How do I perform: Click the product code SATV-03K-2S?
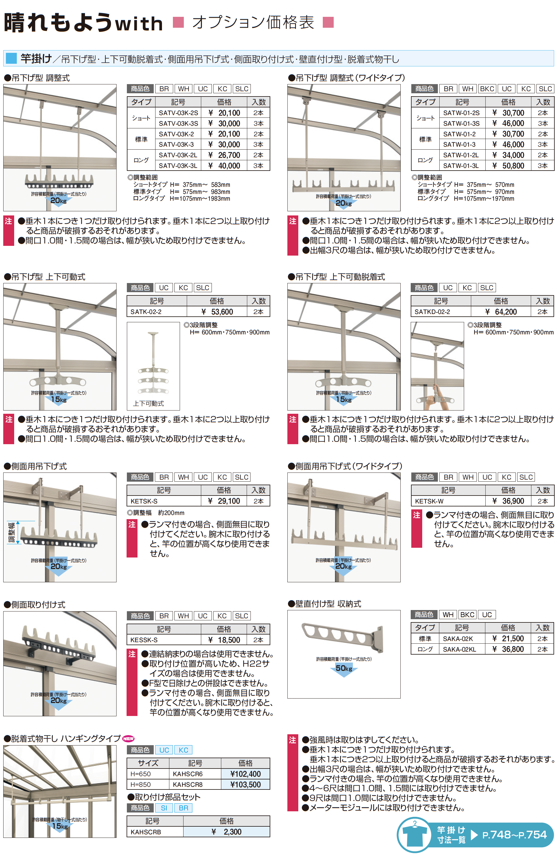pyautogui.click(x=178, y=113)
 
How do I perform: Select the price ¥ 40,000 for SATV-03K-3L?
pyautogui.click(x=224, y=166)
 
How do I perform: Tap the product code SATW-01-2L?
pyautogui.click(x=461, y=155)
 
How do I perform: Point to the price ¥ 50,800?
pyautogui.click(x=508, y=166)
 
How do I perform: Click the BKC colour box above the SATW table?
pyautogui.click(x=487, y=89)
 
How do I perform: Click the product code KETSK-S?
pyautogui.click(x=144, y=501)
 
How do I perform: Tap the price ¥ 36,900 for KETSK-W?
pyautogui.click(x=508, y=501)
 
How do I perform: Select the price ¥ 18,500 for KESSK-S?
pyautogui.click(x=224, y=640)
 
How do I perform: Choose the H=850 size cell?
pyautogui.click(x=140, y=784)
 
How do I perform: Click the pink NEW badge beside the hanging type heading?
pyautogui.click(x=128, y=739)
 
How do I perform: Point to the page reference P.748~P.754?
pyautogui.click(x=515, y=835)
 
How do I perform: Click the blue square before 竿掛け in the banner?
pyautogui.click(x=11, y=58)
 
